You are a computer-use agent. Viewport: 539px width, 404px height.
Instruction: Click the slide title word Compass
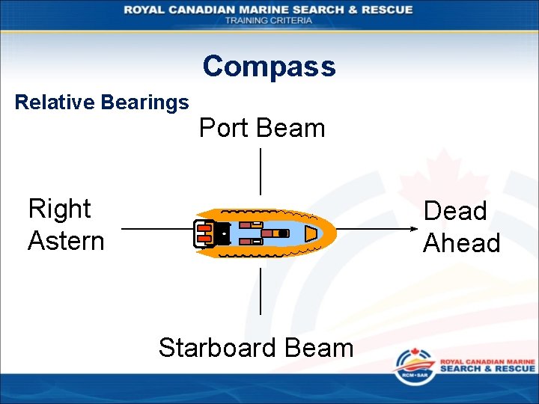[269, 67]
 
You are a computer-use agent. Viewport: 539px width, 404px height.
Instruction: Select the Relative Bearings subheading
[102, 102]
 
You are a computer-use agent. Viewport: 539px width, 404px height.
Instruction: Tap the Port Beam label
[262, 128]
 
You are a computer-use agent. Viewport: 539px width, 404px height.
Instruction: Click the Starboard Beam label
[256, 348]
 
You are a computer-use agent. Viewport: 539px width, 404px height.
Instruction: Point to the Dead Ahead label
[461, 227]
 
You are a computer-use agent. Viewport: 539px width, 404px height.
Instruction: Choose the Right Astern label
[66, 224]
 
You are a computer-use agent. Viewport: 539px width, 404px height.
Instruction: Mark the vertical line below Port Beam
[260, 172]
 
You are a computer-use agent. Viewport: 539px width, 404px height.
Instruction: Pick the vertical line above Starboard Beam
[260, 292]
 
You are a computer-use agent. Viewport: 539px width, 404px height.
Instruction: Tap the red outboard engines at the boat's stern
[204, 233]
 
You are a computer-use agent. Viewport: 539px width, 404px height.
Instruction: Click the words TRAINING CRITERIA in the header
[269, 20]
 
